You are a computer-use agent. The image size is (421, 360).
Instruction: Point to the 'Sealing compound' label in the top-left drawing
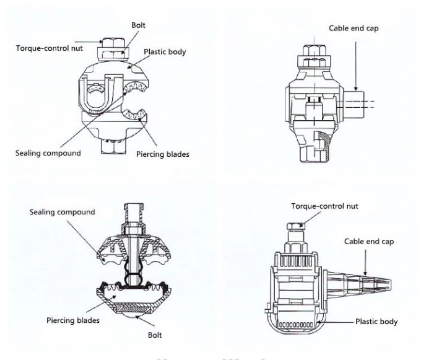pos(48,152)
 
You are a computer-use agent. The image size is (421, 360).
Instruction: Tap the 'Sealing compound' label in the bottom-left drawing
pos(62,212)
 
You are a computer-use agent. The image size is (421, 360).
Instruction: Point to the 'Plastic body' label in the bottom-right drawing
pos(376,322)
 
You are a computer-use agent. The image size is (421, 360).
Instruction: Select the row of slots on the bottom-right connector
pos(295,324)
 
